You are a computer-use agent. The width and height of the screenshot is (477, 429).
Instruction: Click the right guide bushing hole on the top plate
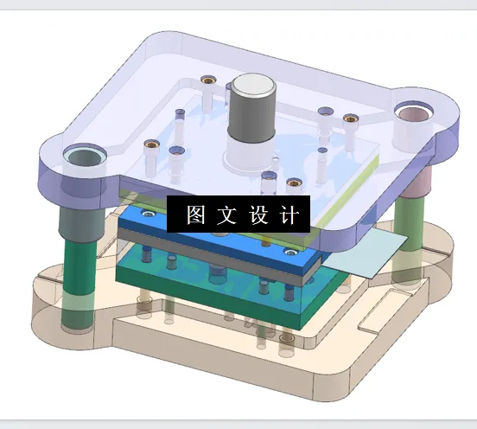416,112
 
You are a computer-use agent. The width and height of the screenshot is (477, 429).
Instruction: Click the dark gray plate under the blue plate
216,260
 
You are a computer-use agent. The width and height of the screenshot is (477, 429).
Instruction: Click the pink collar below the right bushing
418,182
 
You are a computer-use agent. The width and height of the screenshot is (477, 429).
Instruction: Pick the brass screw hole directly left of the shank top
207,81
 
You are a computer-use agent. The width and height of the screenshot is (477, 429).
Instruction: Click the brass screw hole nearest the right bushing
350,118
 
